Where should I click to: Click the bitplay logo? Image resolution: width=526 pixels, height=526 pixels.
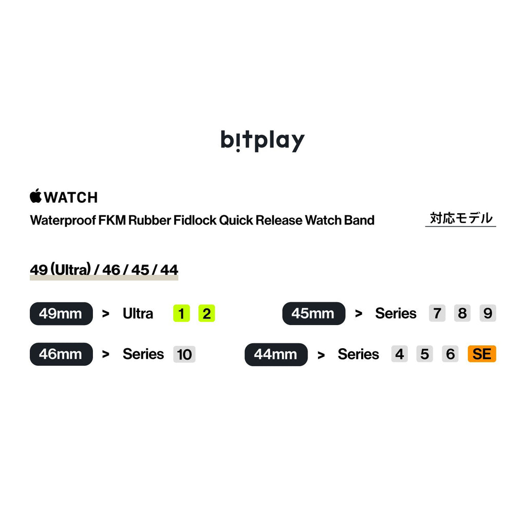[x=262, y=140]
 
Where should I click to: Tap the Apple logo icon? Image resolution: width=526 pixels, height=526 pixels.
[x=35, y=196]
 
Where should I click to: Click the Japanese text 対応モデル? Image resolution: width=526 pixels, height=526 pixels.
[x=461, y=218]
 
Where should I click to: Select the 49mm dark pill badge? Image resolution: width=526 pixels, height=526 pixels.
[x=61, y=313]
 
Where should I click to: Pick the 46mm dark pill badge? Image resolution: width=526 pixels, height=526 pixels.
[x=61, y=354]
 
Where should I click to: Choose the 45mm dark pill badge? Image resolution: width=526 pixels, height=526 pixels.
[x=313, y=313]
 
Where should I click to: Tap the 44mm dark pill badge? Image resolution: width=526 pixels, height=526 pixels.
[x=276, y=354]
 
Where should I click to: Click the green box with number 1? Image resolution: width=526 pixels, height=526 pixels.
[x=181, y=313]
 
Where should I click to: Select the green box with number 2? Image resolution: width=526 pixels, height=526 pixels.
[x=206, y=313]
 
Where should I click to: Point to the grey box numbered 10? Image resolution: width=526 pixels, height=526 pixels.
[x=184, y=354]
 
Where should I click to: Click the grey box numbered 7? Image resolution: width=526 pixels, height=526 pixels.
[x=437, y=313]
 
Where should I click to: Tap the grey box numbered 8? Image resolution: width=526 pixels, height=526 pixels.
[x=462, y=313]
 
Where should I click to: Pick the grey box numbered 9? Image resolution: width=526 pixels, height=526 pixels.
[x=487, y=313]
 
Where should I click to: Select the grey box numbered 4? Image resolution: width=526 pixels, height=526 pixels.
[x=399, y=354]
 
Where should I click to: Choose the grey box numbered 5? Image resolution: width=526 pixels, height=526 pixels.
[x=424, y=354]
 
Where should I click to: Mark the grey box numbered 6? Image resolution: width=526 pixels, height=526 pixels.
[x=450, y=354]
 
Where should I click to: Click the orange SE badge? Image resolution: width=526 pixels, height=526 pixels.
[x=482, y=354]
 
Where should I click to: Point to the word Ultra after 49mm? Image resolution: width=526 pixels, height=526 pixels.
[x=138, y=313]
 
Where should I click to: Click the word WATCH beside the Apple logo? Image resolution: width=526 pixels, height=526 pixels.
[x=71, y=197]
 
